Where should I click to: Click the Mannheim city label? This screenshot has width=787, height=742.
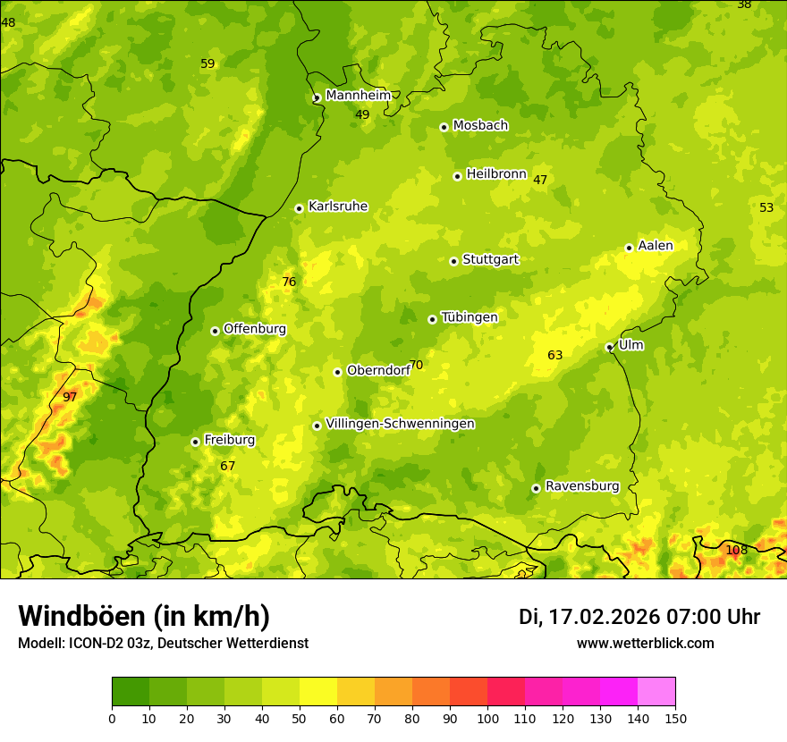(358, 95)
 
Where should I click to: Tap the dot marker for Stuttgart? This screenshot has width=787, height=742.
(453, 261)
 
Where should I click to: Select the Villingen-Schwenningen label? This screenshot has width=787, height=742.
(400, 424)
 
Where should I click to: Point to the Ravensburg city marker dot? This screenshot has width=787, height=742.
(536, 488)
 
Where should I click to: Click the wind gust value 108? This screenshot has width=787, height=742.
(736, 550)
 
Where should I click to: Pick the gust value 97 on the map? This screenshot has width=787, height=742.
(70, 397)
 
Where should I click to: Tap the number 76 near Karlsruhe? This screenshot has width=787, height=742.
(289, 282)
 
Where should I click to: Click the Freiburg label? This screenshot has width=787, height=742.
(229, 440)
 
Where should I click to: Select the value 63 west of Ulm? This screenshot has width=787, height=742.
(555, 355)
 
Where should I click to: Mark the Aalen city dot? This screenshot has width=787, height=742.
(629, 248)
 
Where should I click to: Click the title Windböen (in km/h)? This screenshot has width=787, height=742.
(144, 616)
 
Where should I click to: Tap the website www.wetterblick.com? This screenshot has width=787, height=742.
(645, 644)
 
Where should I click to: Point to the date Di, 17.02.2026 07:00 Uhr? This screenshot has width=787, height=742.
(639, 617)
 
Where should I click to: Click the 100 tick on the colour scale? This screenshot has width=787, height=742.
(487, 719)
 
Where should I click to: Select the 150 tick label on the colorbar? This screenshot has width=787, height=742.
(675, 719)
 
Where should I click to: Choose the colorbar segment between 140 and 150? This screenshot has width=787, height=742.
(656, 692)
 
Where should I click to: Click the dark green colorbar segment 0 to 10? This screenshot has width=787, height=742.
(131, 692)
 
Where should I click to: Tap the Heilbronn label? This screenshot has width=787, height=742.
(496, 173)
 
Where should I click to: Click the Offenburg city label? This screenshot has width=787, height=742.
(255, 328)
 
